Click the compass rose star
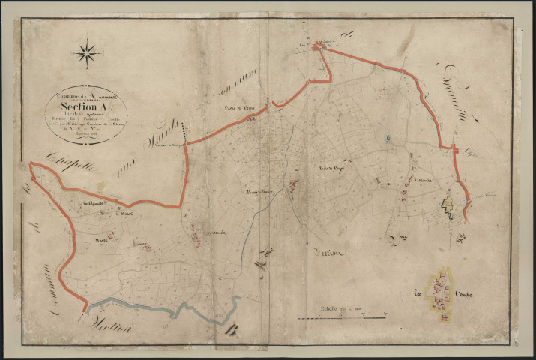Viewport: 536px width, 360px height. coord(88,52)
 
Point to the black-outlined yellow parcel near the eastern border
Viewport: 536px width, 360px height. coord(448,202)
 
